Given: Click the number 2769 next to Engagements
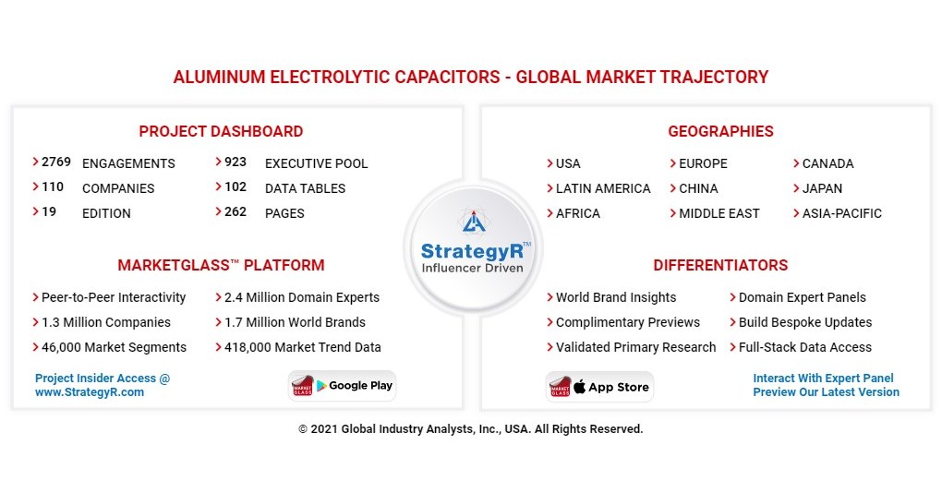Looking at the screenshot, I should tap(56, 162).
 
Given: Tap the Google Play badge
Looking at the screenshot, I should tap(344, 386).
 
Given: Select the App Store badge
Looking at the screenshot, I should tap(599, 387).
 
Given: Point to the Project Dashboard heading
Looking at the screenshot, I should tap(221, 131).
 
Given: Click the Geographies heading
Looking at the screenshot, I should tap(720, 131).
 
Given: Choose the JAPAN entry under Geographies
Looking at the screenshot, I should tap(822, 188).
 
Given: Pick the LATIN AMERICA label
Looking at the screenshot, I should tap(603, 188).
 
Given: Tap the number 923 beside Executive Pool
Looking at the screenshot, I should tap(235, 162).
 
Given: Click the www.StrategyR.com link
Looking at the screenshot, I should tap(90, 392).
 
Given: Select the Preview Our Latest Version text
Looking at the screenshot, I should tap(826, 392).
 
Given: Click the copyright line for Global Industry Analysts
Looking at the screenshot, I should tap(470, 429).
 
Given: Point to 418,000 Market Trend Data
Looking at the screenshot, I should tap(302, 347).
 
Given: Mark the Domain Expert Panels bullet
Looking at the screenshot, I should tap(802, 297).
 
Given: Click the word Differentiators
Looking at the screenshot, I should tap(720, 265).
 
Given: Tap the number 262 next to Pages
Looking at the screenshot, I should tap(235, 212).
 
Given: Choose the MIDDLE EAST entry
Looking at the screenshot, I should tap(719, 213).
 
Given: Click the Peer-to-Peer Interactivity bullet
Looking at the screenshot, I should tap(114, 297).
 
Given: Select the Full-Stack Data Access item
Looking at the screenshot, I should tap(804, 347).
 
